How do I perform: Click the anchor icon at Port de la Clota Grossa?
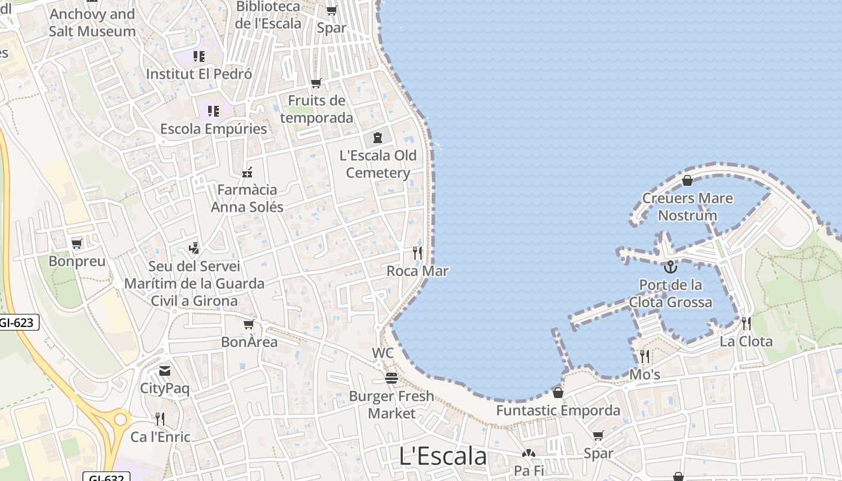[670, 267]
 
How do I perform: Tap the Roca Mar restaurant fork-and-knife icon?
[417, 253]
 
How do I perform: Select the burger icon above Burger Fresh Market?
[392, 378]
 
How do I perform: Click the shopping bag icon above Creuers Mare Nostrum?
[687, 180]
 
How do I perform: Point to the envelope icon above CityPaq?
[165, 371]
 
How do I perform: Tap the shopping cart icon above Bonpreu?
[76, 244]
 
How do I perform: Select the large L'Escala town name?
[443, 456]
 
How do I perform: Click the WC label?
[383, 353]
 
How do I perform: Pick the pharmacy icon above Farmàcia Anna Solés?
[247, 173]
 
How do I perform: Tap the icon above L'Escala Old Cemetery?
[378, 138]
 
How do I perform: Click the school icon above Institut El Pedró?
[199, 57]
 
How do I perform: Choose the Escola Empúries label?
[214, 129]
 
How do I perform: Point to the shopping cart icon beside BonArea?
[248, 325]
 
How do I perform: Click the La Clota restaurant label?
[746, 342]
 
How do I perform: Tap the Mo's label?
[645, 375]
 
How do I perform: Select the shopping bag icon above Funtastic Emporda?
[558, 393]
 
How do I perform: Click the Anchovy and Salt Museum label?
[92, 23]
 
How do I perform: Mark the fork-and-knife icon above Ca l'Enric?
[160, 418]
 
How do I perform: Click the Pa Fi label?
[529, 470]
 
